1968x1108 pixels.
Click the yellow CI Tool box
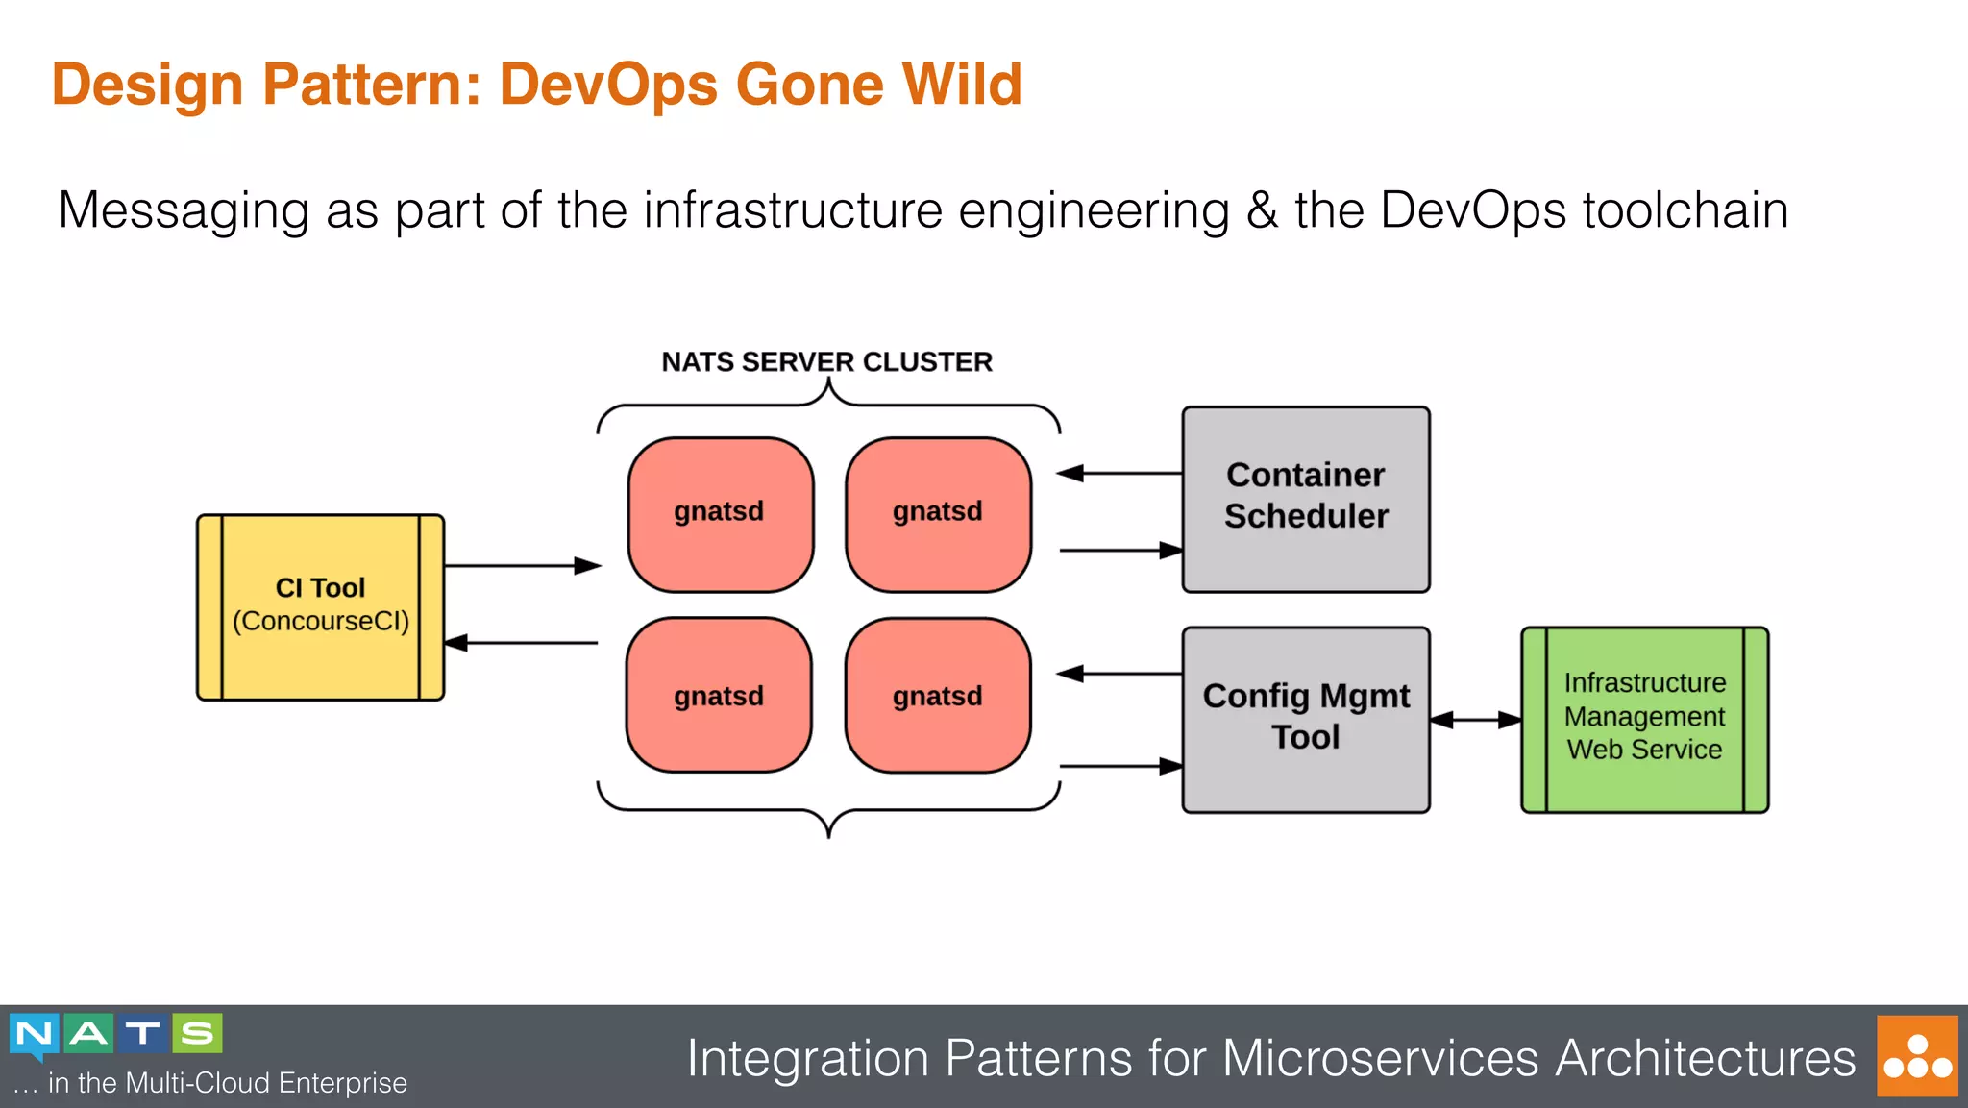(320, 606)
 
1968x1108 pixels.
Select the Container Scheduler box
(1305, 499)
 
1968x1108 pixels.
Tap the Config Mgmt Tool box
(1305, 719)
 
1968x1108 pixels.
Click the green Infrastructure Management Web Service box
(1644, 719)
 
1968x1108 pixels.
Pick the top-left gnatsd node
(720, 514)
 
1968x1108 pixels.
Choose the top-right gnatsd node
(938, 514)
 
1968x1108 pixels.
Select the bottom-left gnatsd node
(719, 695)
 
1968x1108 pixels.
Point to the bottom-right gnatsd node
(938, 695)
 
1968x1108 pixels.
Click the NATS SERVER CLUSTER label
(826, 362)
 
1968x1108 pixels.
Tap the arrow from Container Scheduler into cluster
(1119, 473)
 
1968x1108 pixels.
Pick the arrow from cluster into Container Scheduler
(1119, 551)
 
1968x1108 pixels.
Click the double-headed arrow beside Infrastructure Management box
(1475, 720)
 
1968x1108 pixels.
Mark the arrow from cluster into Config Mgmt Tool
(1119, 766)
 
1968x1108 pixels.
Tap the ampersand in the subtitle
(1261, 210)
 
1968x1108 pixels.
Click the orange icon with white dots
(1916, 1056)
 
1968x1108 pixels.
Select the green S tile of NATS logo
(197, 1034)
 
